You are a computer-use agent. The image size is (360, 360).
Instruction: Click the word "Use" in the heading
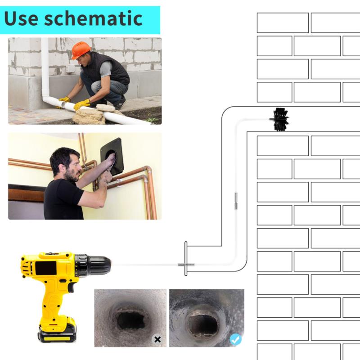click(21, 18)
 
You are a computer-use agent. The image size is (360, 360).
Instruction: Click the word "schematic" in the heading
click(94, 18)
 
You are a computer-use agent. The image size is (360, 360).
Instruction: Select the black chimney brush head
click(281, 119)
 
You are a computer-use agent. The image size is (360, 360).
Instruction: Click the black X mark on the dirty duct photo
click(157, 339)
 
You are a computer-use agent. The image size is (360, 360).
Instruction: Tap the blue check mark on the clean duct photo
click(235, 339)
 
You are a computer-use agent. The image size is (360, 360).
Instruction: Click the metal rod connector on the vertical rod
click(236, 201)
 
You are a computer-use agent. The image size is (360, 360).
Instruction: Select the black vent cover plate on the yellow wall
click(112, 156)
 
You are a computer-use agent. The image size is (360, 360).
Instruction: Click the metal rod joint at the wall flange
click(186, 265)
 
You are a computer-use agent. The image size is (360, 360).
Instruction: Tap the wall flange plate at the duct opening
click(186, 258)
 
